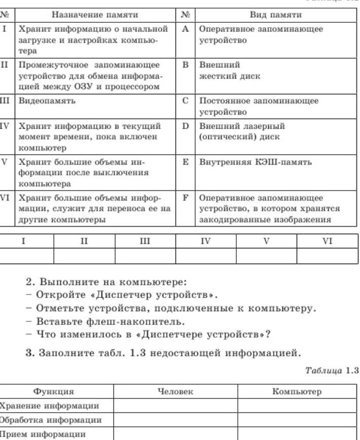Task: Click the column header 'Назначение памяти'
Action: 95,15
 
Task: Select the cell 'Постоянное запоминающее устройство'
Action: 259,106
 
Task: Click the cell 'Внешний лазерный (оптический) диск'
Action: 242,131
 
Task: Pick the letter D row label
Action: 185,126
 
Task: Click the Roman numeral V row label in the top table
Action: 5,162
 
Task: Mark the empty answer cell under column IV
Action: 205,255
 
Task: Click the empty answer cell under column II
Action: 84,255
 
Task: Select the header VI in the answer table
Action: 328,241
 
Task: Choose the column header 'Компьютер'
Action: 297,391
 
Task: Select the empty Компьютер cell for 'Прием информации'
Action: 298,434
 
